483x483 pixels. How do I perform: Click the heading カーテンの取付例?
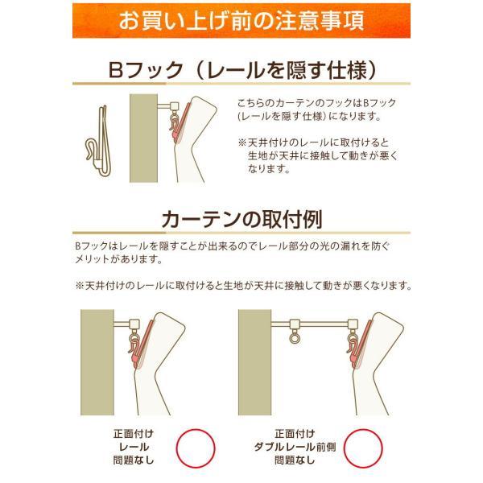click(x=242, y=218)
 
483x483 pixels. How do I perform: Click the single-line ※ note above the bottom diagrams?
click(x=242, y=286)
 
